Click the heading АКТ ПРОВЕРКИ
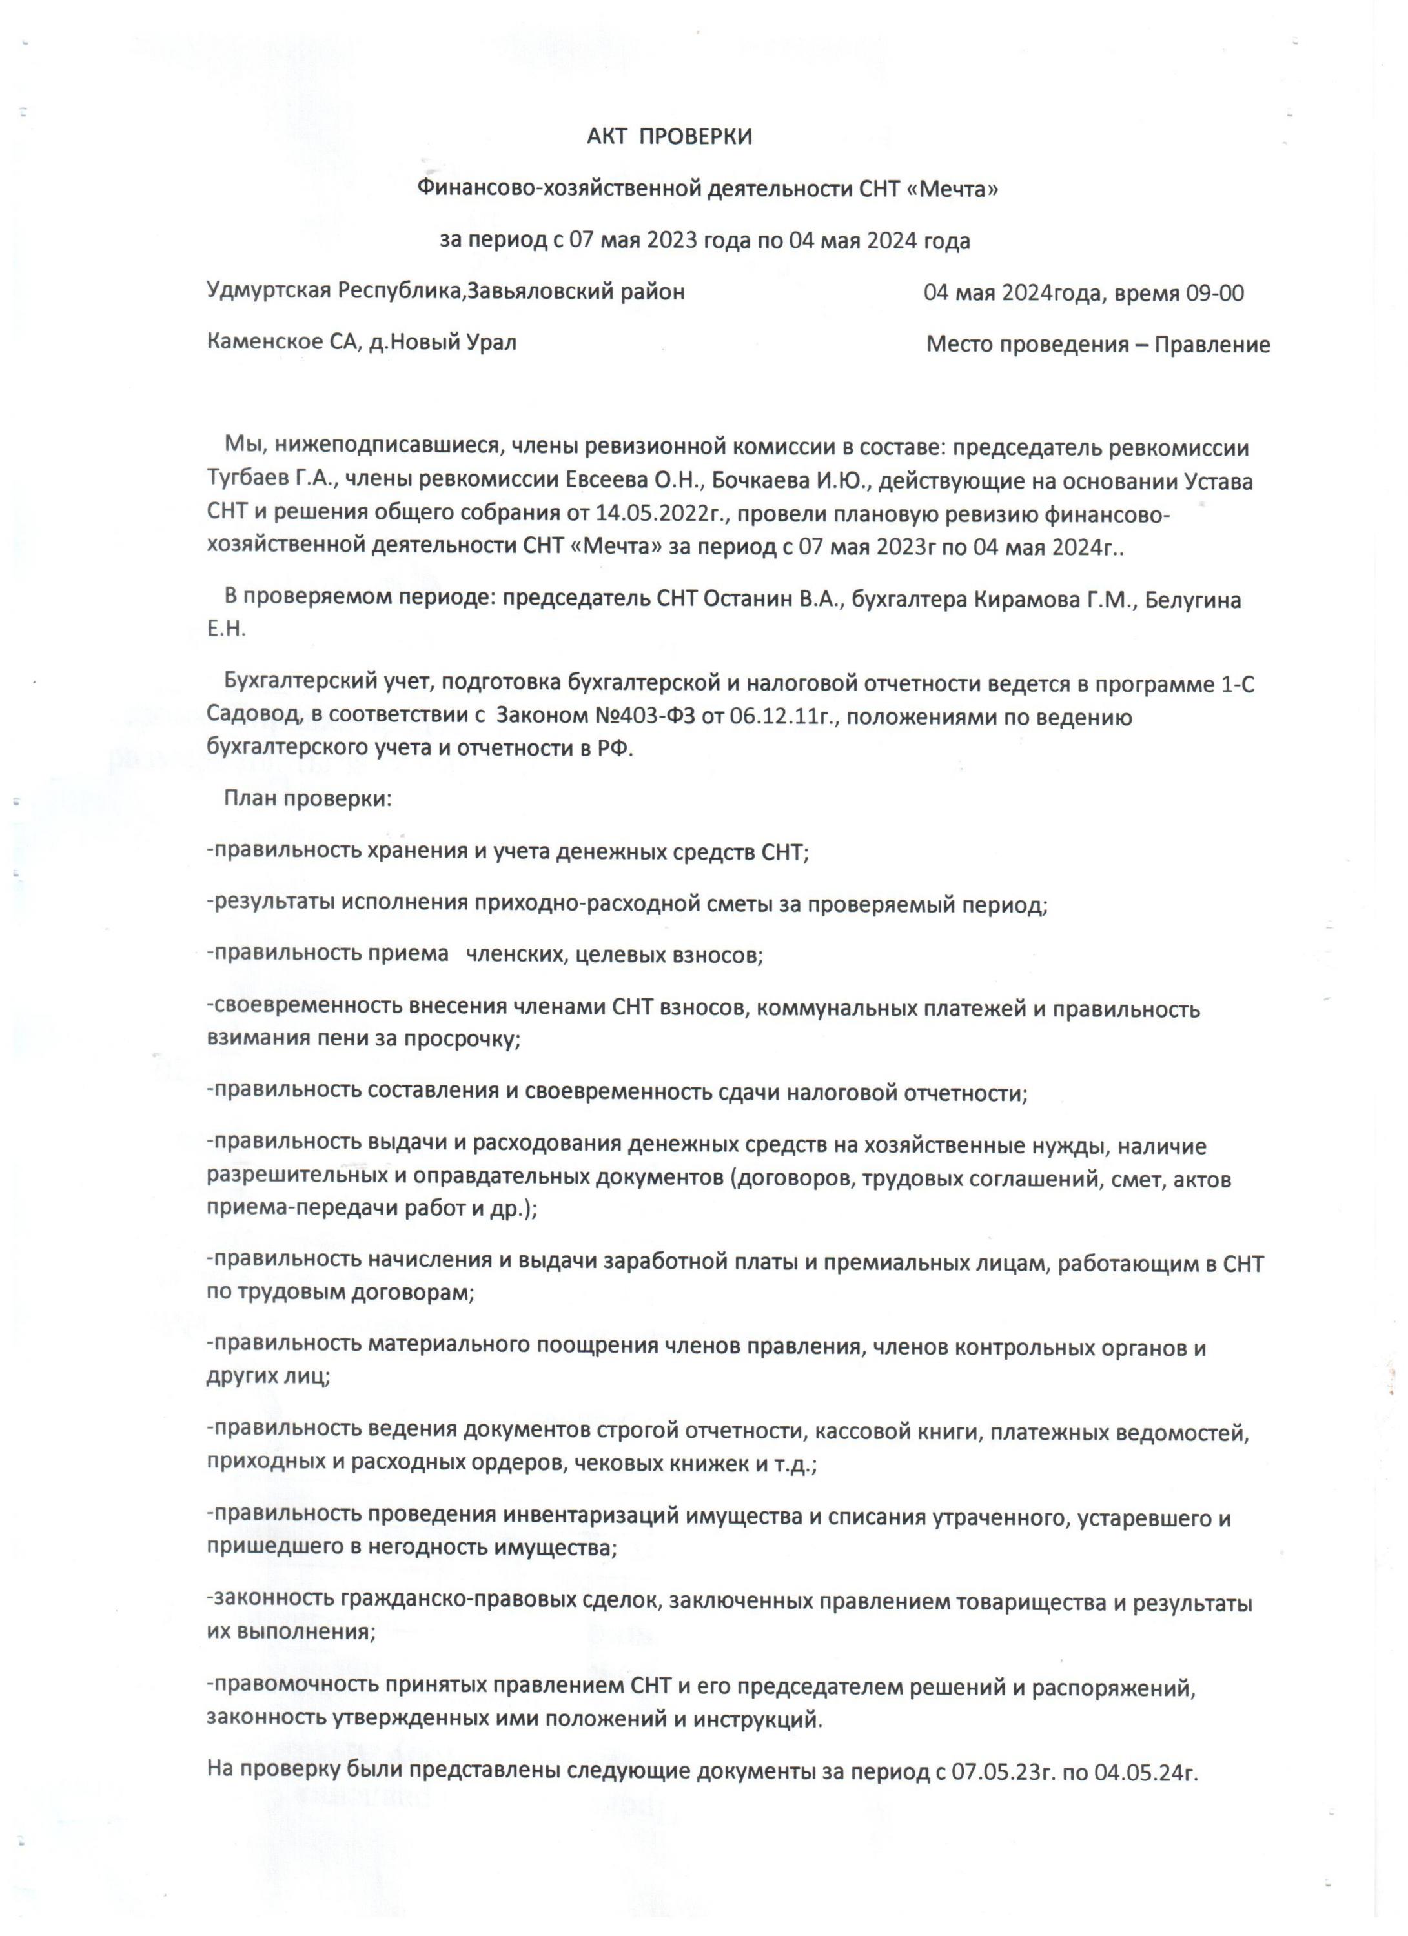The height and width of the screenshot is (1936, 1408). coord(669,137)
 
